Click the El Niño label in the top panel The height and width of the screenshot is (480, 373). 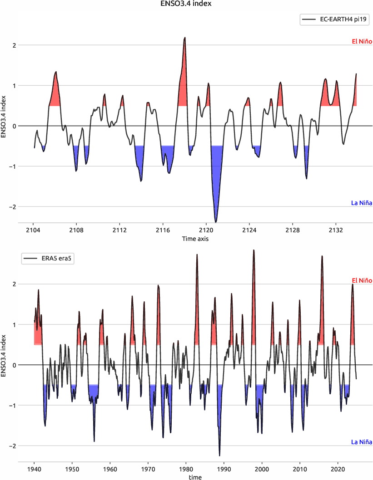tap(362, 42)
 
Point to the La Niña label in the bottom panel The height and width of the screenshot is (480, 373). tap(362, 442)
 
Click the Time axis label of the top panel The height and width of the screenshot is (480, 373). tap(195, 239)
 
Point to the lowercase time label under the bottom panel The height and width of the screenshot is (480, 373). tap(195, 477)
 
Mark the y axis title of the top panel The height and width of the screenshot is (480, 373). tap(4, 117)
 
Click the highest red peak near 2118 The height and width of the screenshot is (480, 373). tap(185, 38)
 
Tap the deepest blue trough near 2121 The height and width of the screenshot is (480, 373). tap(216, 222)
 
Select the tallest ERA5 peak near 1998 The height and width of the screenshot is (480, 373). tap(254, 250)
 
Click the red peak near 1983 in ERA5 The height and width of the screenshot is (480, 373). tap(197, 255)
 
